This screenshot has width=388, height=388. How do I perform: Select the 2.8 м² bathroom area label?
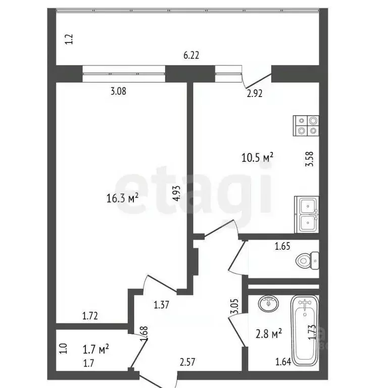tap(269, 334)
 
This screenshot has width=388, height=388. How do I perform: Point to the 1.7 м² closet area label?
tap(95, 348)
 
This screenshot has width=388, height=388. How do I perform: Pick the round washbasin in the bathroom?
tap(268, 304)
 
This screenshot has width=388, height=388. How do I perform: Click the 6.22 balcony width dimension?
tap(191, 56)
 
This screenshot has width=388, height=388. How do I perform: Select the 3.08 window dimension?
tap(118, 91)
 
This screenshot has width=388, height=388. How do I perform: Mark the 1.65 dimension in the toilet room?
tap(282, 247)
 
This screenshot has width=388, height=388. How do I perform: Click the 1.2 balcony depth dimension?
tap(70, 39)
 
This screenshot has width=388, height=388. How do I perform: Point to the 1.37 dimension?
tap(161, 304)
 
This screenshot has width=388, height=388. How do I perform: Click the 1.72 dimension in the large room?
tap(90, 317)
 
